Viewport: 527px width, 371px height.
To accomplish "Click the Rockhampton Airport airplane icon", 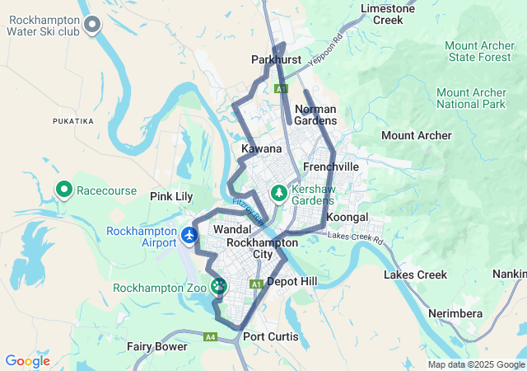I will point(190,237).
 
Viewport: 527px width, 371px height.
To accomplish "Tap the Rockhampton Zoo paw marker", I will point(218,287).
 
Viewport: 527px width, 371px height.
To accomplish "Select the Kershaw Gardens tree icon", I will point(279,193).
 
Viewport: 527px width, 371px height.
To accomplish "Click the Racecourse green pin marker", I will point(64,190).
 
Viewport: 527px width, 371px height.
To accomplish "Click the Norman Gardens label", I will point(315,115).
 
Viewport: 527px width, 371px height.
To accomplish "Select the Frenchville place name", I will point(331,167).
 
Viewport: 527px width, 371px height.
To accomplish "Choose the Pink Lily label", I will point(170,196).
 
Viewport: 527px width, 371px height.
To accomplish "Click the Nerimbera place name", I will point(455,314).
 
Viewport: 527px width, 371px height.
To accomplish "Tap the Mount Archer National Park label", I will point(470,99).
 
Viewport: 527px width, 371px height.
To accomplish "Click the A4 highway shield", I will point(211,336).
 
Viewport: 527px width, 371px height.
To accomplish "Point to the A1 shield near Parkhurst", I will point(282,88).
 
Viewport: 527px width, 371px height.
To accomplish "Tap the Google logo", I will point(27,361).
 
